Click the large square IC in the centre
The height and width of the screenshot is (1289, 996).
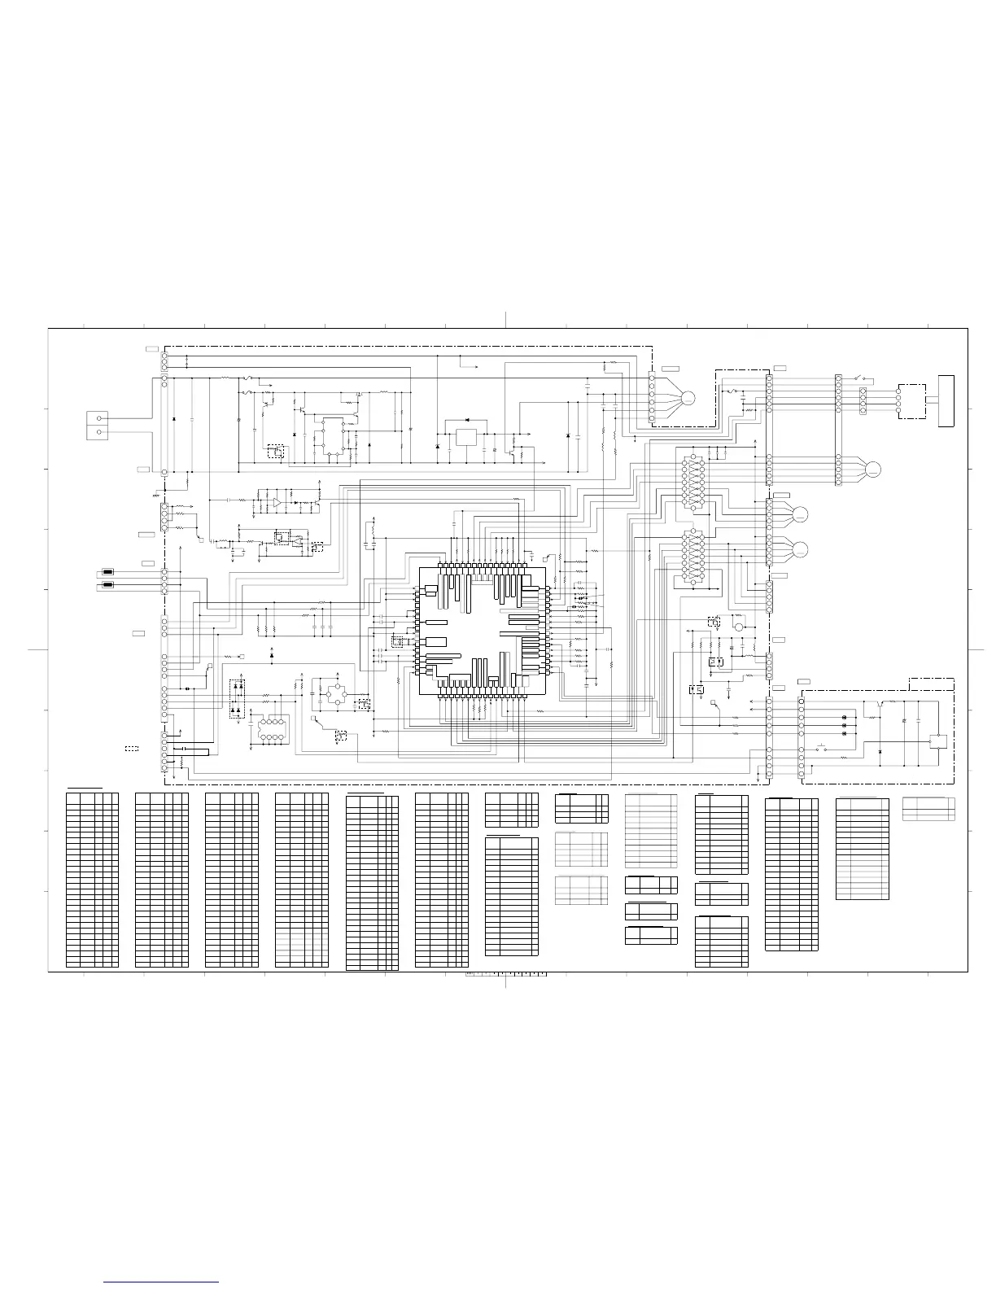tap(480, 631)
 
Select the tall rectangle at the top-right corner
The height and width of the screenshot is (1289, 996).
tap(946, 400)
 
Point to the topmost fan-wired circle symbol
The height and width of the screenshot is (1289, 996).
tap(688, 398)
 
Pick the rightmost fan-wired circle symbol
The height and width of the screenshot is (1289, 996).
tap(873, 468)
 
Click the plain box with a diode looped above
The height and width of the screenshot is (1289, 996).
tap(467, 436)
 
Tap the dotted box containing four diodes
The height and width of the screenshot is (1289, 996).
tap(238, 698)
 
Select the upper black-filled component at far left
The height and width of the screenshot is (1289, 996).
tap(107, 572)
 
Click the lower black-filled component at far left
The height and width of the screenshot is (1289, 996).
tap(107, 584)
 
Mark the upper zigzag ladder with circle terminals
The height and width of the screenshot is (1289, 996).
tap(692, 482)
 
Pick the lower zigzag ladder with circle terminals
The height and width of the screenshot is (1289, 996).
tap(692, 556)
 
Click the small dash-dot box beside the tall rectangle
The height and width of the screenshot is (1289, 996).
tap(912, 401)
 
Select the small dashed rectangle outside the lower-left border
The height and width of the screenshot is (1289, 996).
tap(132, 747)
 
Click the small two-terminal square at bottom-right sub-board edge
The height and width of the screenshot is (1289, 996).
tap(938, 741)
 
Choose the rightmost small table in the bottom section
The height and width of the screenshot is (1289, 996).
tap(928, 809)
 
